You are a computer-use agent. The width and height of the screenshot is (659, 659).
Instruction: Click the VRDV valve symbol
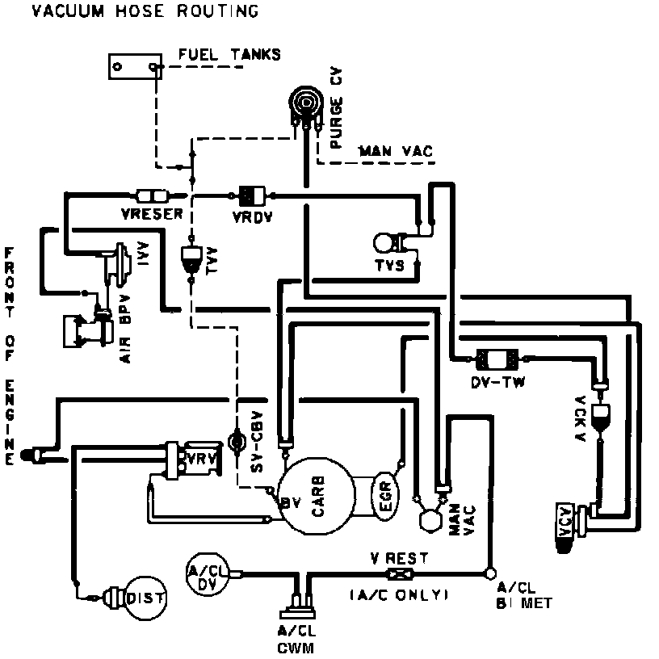(x=252, y=195)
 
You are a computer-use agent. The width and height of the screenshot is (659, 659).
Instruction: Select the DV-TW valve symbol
(x=497, y=359)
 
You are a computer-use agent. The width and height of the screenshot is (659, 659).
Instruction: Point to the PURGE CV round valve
(x=305, y=103)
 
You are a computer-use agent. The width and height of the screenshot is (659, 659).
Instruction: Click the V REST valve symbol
(x=398, y=574)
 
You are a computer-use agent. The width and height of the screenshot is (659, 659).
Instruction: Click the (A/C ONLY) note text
(x=398, y=595)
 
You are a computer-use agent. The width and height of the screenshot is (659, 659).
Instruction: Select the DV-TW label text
(x=499, y=382)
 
